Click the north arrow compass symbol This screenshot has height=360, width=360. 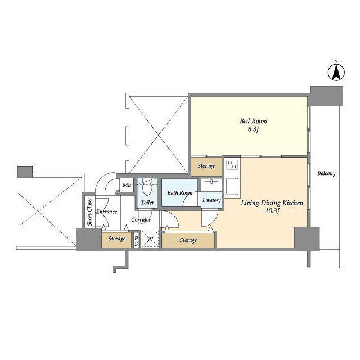click(336, 72)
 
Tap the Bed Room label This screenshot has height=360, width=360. click(254, 121)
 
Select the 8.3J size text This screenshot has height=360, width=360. click(253, 129)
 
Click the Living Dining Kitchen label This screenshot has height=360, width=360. click(272, 203)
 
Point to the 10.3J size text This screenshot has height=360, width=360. click(272, 211)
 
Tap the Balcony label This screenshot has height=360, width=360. click(326, 173)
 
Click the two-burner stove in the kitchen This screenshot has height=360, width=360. click(232, 164)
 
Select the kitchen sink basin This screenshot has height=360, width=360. click(232, 186)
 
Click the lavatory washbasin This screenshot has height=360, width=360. click(211, 185)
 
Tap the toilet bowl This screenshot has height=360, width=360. click(147, 187)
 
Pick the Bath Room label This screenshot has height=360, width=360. click(180, 193)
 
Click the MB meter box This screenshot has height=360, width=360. click(127, 185)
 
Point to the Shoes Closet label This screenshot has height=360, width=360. click(90, 212)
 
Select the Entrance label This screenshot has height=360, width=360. click(106, 211)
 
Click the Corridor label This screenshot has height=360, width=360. click(141, 220)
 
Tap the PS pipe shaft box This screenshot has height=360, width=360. click(136, 241)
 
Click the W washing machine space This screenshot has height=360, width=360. click(150, 239)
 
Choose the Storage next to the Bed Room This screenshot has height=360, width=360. click(206, 166)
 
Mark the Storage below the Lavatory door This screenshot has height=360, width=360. click(188, 240)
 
